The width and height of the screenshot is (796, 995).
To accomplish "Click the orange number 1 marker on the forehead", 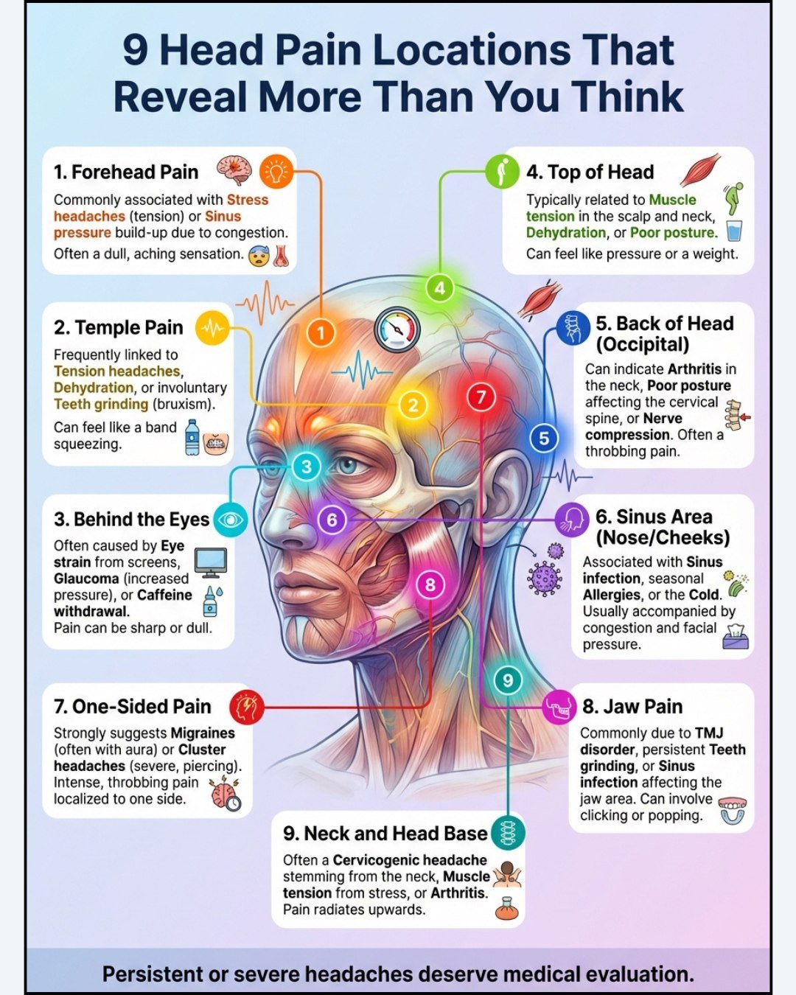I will pos(321,333).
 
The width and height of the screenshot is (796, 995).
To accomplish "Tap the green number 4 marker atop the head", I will pos(439,288).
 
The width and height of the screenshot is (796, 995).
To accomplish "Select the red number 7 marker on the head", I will pos(481,398).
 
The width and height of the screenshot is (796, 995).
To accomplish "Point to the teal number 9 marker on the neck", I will pos(507,680).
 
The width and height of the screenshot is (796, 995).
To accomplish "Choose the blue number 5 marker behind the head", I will pos(544,439).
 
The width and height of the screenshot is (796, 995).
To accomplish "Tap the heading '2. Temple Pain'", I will pos(118,327).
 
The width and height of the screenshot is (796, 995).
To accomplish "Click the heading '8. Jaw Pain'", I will pos(632,707).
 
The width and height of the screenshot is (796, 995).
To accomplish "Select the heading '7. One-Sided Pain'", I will pos(133,707).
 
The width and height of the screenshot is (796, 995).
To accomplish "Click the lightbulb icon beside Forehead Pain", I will pos(276,172).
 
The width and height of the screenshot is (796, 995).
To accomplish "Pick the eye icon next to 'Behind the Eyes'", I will pos(231,520).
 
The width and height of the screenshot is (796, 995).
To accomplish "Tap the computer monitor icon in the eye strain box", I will pos(211,563).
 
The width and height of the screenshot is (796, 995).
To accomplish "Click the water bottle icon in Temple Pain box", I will pos(192,437).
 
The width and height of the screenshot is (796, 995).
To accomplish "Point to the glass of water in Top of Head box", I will pos(734,231).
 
